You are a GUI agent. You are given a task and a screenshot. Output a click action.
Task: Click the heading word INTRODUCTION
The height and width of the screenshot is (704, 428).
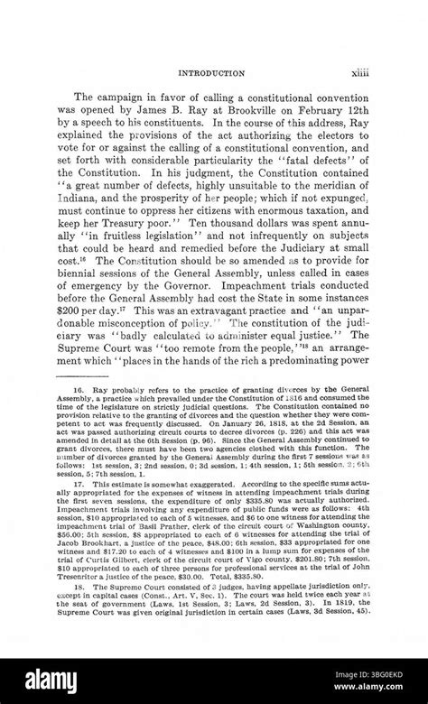[213, 71]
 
